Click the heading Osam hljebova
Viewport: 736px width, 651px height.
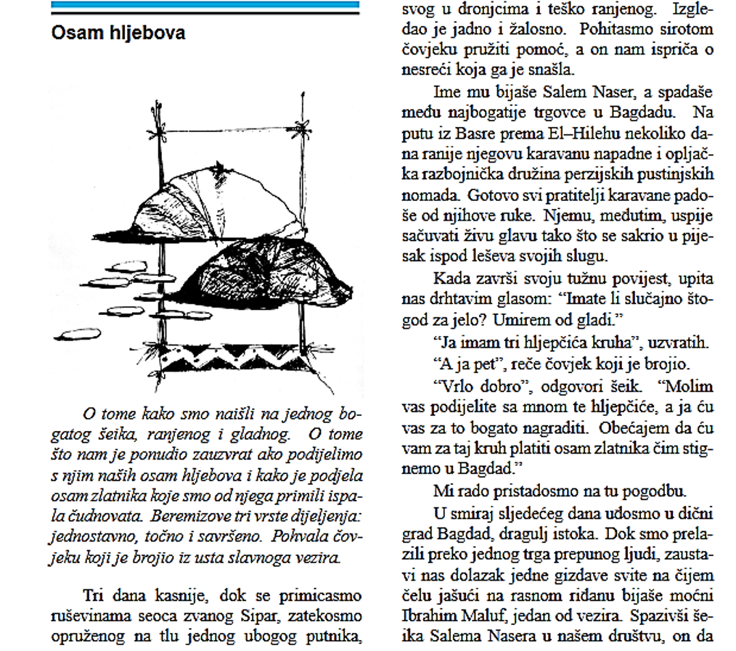pos(118,33)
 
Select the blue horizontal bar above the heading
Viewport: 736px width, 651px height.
pos(205,7)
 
